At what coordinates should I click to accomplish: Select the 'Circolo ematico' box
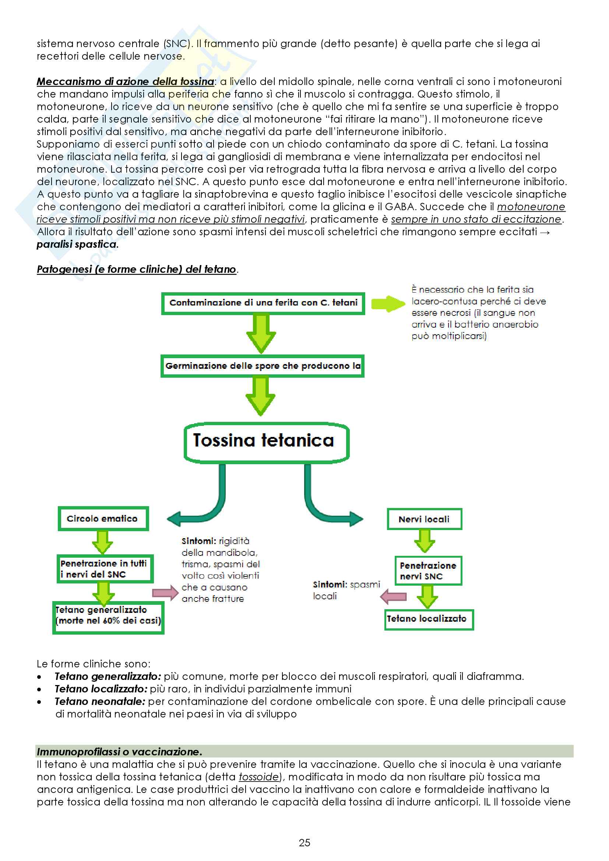(103, 519)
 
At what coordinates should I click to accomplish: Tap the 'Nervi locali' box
(424, 519)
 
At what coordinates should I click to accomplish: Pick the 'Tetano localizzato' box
(429, 619)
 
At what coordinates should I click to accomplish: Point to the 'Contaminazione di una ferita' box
(263, 303)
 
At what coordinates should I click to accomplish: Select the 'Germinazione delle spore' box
(262, 366)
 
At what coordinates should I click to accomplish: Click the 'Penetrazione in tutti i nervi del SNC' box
(105, 568)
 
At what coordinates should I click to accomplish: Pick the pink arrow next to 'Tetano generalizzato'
(165, 593)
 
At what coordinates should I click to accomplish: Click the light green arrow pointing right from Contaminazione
(388, 303)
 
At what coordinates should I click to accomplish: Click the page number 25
(304, 843)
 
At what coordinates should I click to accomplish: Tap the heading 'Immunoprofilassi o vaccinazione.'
(119, 752)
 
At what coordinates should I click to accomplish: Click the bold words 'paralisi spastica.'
(77, 244)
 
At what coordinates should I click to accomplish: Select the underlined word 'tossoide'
(259, 777)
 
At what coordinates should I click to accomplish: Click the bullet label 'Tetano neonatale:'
(100, 701)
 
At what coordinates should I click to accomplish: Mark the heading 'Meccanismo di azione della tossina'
(125, 81)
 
